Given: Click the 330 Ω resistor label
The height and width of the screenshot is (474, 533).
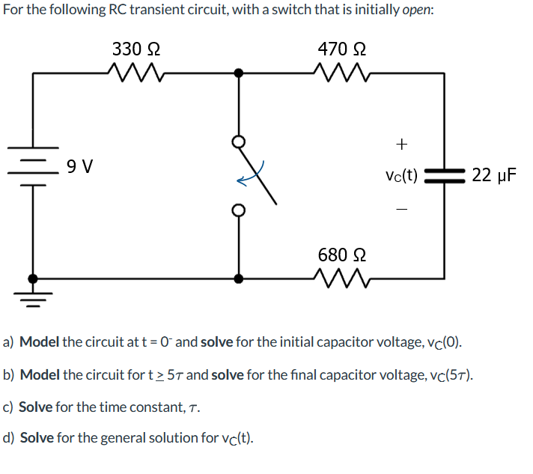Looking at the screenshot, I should coord(135,49).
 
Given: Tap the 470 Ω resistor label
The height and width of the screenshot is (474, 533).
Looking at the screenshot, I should coord(341,49).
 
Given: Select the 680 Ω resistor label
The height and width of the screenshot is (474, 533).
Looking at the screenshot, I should coord(341,255).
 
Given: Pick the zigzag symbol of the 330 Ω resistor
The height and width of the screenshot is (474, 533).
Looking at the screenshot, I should coord(135,73).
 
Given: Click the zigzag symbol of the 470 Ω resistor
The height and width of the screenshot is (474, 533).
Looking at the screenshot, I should coord(341,73).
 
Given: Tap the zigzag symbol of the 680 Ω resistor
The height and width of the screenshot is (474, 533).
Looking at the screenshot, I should coord(341,279).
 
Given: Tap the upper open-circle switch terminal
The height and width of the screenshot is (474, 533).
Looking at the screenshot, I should coord(239,141).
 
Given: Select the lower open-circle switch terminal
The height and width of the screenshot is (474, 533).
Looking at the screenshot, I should coord(239,210).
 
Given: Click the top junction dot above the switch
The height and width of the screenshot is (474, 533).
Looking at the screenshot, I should coord(239,73).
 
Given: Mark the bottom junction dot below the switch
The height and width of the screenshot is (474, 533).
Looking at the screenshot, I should coord(239,279).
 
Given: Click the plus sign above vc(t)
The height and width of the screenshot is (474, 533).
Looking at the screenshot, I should coord(402,142).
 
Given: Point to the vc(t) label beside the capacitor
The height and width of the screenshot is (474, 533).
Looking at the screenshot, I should coord(401,176).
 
